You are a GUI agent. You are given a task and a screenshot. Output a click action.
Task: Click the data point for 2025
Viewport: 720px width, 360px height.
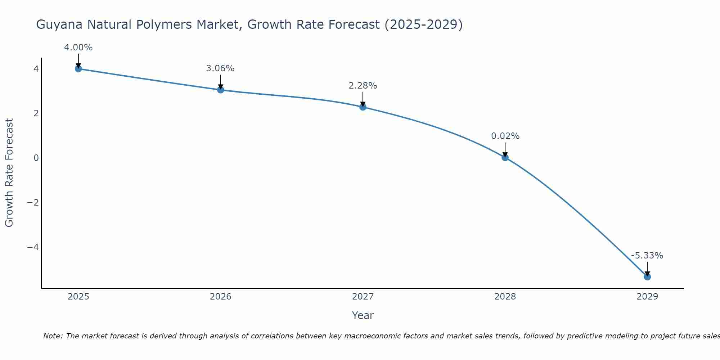(78, 69)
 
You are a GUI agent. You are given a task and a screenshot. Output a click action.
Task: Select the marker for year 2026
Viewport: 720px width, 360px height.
(221, 90)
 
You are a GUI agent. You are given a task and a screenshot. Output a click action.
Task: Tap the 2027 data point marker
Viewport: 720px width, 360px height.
(363, 107)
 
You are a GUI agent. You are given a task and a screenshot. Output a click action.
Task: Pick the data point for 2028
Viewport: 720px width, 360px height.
(505, 157)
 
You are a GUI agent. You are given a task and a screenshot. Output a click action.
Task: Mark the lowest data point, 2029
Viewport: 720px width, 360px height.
(647, 276)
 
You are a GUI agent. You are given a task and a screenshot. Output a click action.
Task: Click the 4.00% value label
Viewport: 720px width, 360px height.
(78, 48)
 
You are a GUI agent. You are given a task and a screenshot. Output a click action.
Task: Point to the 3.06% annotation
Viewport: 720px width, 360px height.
(220, 68)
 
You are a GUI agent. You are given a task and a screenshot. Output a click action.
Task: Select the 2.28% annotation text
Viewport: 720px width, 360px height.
(363, 86)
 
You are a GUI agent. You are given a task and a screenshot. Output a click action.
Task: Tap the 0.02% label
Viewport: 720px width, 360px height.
(505, 136)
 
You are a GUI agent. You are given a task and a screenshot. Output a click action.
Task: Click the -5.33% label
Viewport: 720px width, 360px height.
(647, 256)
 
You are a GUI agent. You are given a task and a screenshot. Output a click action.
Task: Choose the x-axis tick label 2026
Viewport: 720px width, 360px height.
(221, 297)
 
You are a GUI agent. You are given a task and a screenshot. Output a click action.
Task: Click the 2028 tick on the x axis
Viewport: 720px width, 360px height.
(505, 297)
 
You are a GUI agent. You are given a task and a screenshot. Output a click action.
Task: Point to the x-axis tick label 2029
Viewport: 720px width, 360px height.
(647, 297)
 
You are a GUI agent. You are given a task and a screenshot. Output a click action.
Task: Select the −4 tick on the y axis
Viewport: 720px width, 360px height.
(33, 247)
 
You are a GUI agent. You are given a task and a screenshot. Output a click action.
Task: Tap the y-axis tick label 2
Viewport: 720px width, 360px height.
(36, 113)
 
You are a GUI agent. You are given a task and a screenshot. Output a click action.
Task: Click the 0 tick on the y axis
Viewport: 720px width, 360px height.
(36, 158)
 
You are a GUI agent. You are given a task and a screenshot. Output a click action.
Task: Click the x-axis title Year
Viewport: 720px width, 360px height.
(363, 315)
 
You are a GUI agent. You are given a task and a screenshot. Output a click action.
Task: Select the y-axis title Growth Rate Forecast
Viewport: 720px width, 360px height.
(9, 173)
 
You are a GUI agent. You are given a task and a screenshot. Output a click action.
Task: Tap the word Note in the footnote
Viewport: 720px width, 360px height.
(53, 336)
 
